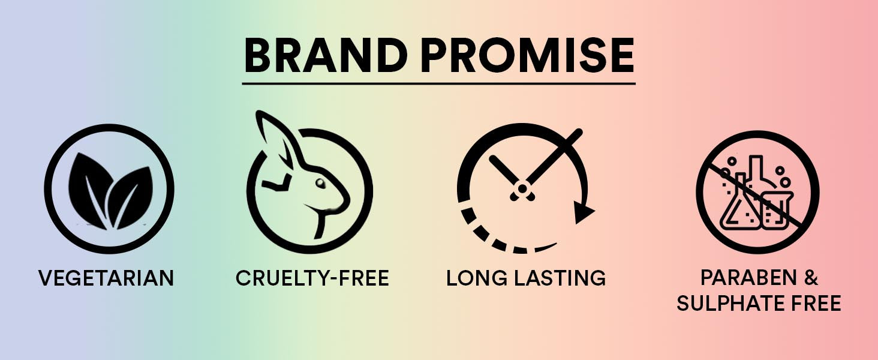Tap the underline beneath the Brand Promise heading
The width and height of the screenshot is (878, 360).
click(x=438, y=83)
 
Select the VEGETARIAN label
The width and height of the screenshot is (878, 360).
click(x=106, y=278)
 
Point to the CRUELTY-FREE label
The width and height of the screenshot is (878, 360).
click(x=312, y=278)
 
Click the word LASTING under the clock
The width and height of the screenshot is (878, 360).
click(x=560, y=278)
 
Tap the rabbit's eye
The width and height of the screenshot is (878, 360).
click(x=321, y=183)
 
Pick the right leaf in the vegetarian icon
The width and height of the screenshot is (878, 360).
click(x=132, y=196)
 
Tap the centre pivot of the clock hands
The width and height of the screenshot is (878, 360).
click(x=522, y=189)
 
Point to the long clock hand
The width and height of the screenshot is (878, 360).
click(x=554, y=157)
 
